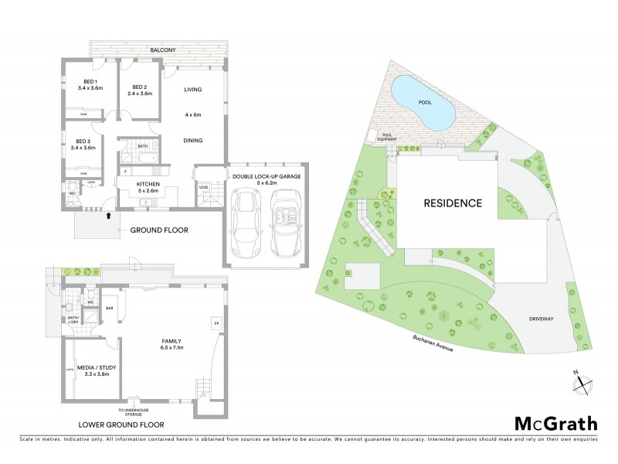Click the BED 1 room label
tap(90, 81)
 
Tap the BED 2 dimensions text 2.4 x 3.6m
tap(140, 94)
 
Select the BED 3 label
tap(83, 141)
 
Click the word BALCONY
tap(163, 50)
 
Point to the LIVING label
tap(192, 90)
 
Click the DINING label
tap(192, 141)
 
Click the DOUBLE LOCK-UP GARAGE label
tap(266, 177)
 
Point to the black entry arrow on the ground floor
tap(108, 217)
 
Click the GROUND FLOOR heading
tap(159, 230)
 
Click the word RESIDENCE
tap(453, 204)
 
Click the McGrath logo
tap(555, 423)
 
